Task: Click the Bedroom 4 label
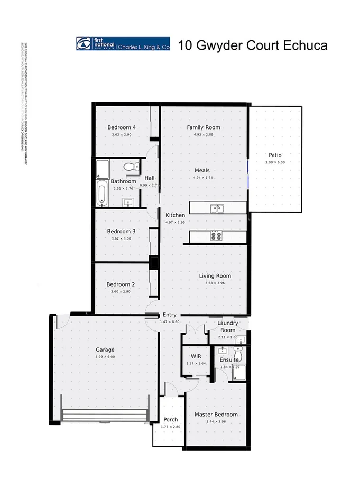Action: coord(122,127)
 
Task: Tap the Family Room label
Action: coord(204,127)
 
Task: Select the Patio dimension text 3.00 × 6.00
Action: coord(275,162)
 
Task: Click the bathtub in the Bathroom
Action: coord(101,192)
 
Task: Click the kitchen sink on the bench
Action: coord(217,208)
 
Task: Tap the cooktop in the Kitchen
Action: coord(216,236)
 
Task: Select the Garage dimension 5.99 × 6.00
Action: coord(105,357)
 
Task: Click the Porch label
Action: coord(170,420)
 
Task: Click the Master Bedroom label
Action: coord(216,415)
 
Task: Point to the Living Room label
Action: coord(215,276)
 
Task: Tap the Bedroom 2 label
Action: coord(121,284)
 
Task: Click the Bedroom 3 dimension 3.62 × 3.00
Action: coord(121,238)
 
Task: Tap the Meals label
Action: coord(202,170)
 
